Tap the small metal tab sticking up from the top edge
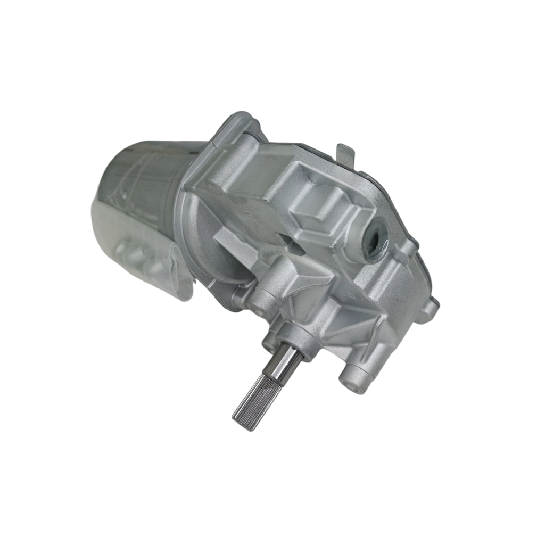(x=345, y=152)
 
